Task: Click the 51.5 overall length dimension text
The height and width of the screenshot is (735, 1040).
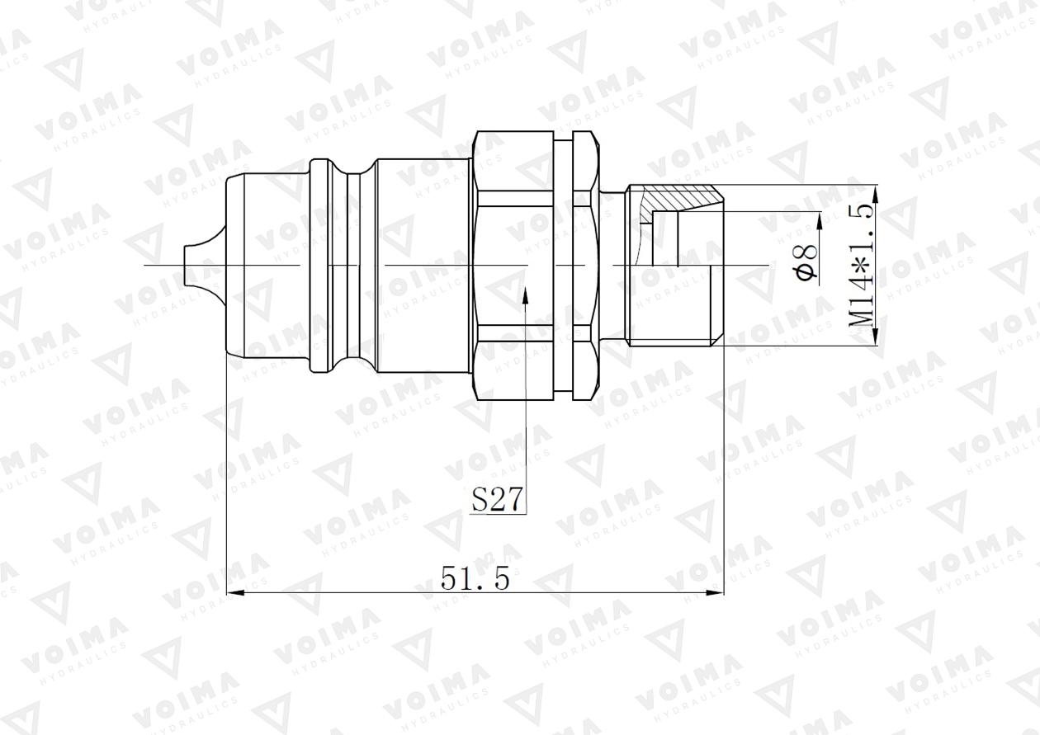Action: (475, 578)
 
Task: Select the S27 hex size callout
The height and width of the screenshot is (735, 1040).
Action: (499, 500)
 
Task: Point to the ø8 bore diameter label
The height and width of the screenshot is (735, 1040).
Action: (809, 261)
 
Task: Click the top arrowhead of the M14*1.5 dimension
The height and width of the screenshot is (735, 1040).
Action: (876, 191)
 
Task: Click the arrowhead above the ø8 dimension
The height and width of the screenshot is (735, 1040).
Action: (820, 219)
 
